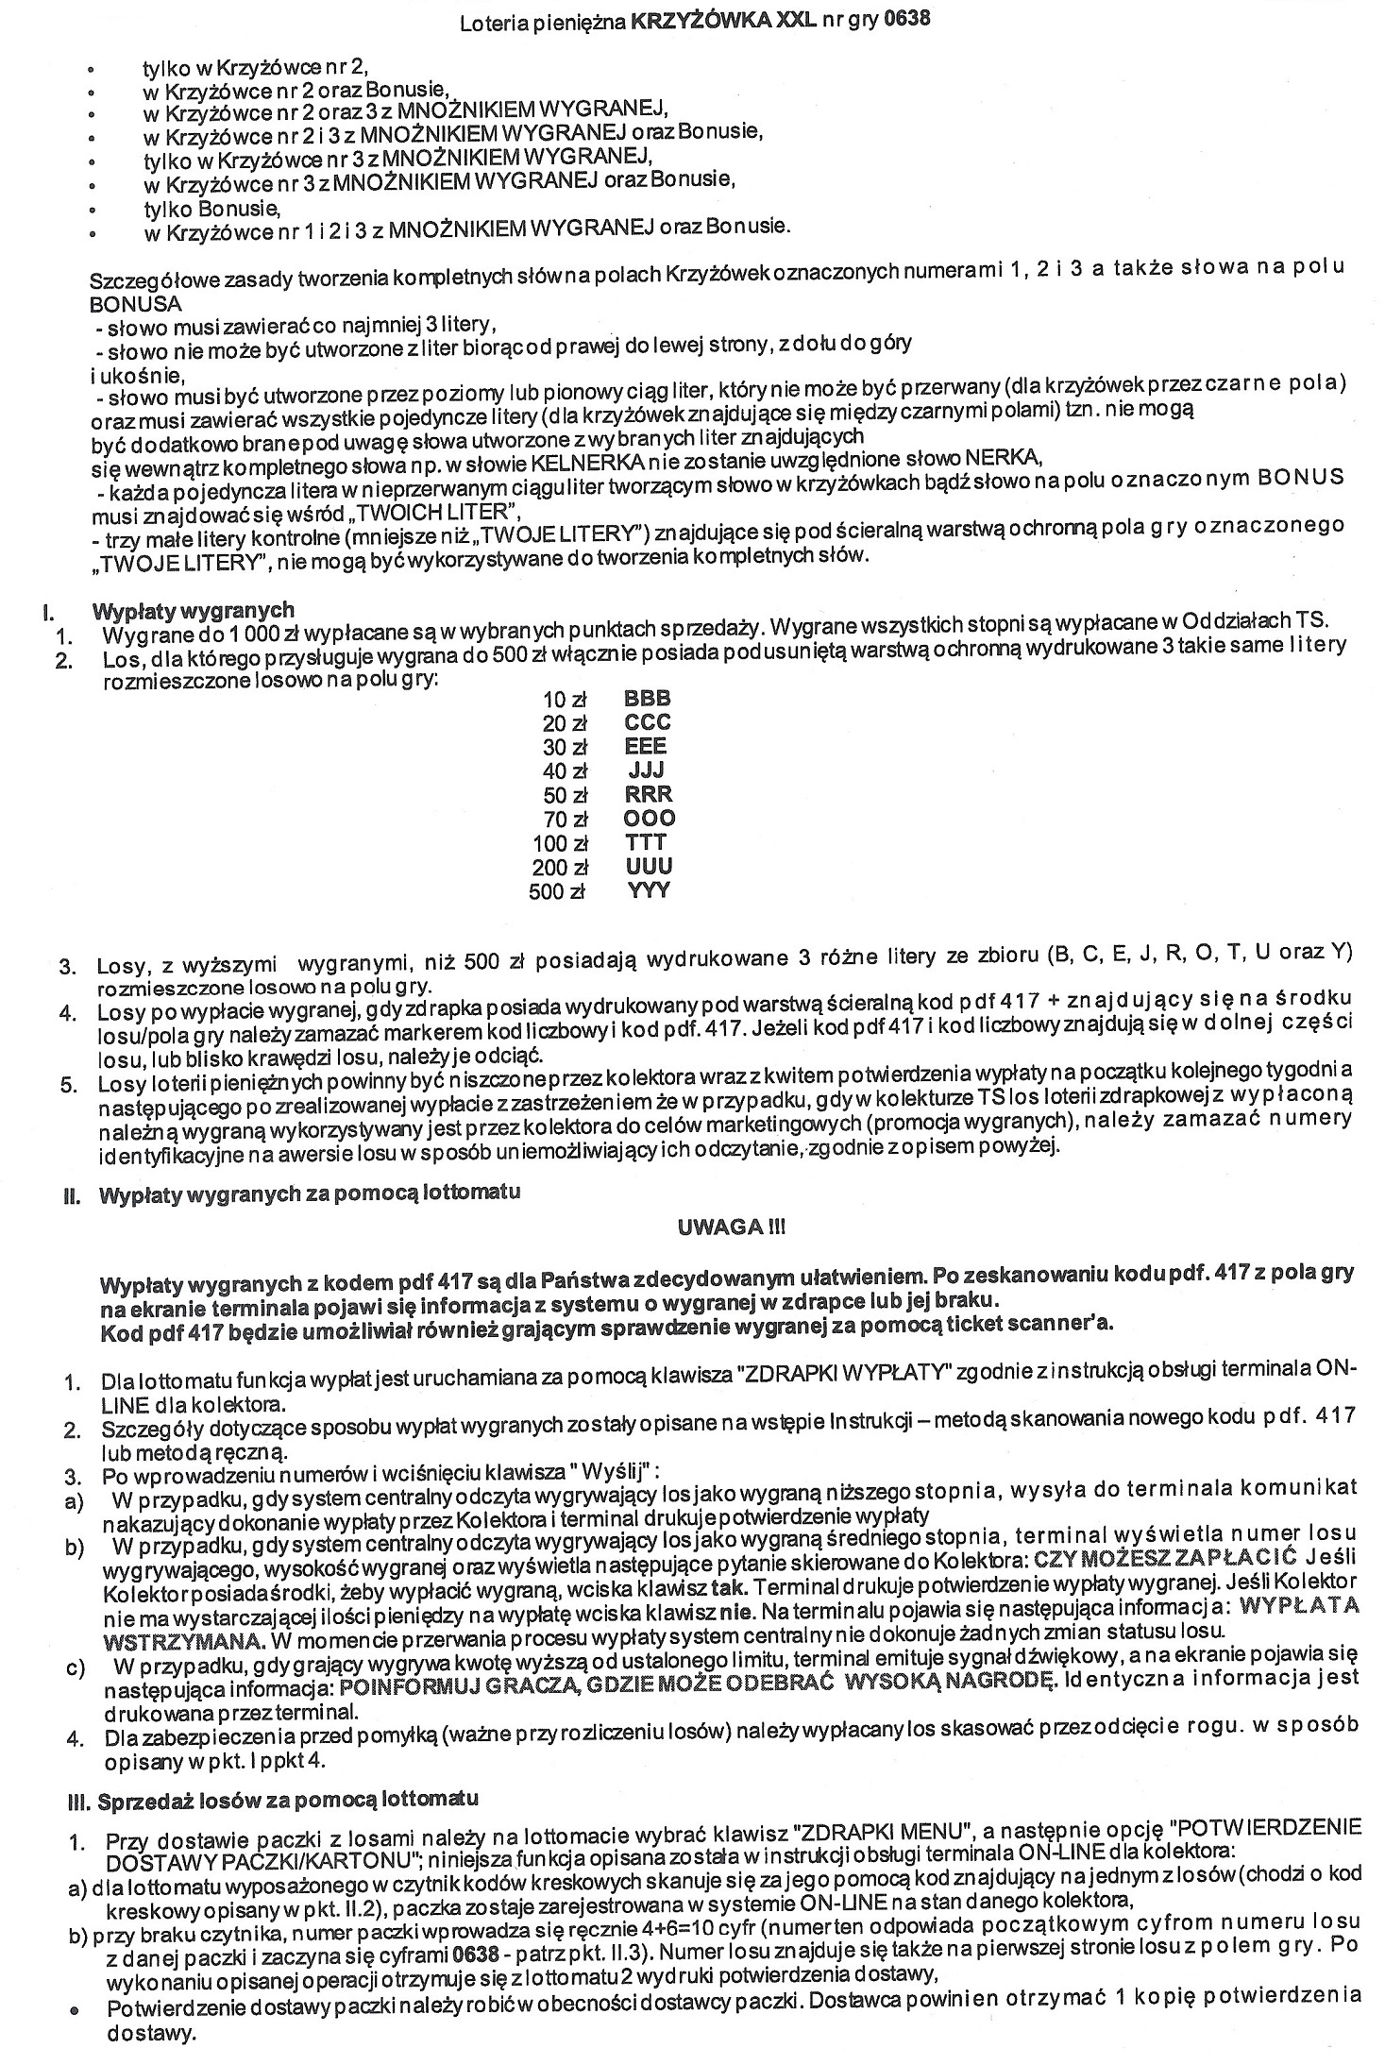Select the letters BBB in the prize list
tap(648, 699)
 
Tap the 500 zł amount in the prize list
tap(559, 891)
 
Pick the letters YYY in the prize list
tap(648, 889)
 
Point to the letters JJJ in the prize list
tap(647, 770)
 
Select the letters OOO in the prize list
tap(650, 818)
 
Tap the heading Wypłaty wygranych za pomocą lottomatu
tap(309, 1192)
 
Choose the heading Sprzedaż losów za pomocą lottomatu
tap(288, 1798)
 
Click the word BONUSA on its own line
tap(136, 304)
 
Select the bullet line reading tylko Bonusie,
tap(211, 208)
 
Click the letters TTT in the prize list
tap(647, 842)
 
